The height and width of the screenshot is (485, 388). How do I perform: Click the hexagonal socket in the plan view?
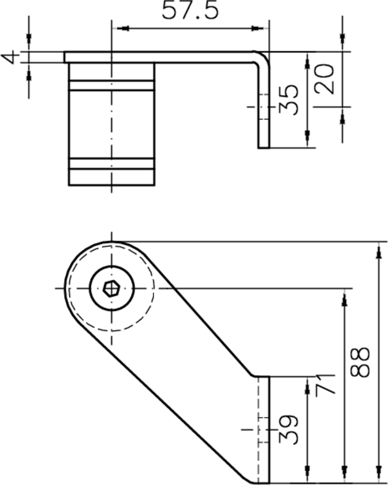pos(110,287)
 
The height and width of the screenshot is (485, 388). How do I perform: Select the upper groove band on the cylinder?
pos(110,85)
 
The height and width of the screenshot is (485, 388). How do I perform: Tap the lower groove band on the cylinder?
pos(110,164)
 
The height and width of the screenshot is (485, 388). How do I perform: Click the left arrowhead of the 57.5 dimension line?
pos(116,27)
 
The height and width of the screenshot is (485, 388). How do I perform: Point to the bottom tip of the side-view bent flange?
pos(264,147)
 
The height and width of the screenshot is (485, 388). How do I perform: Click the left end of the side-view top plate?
pos(65,56)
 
